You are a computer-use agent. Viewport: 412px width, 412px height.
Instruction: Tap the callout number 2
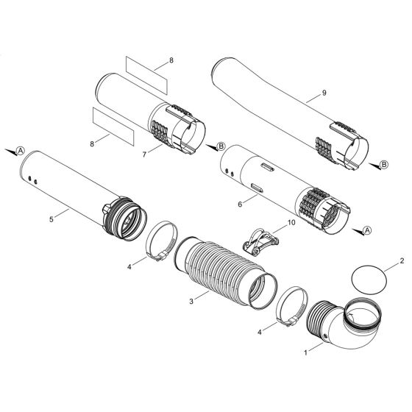[x=402, y=260]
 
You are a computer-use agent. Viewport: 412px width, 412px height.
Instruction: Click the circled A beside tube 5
[x=21, y=150]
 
